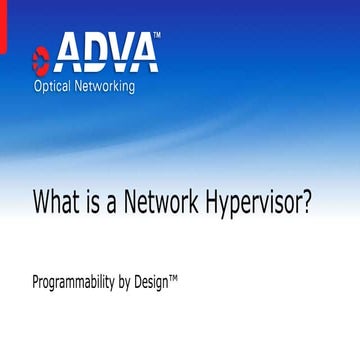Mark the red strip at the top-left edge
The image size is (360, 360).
[1, 40]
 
